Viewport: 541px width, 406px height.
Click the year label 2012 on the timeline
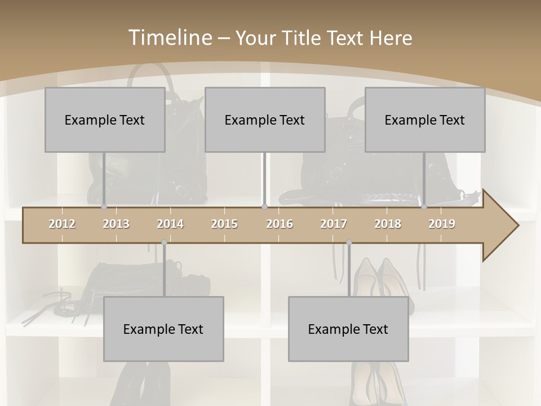(62, 224)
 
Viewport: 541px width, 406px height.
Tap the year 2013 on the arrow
(116, 224)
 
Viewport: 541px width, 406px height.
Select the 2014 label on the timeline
(170, 224)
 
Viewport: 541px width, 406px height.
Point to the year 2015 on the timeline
(224, 224)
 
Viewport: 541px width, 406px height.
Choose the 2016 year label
(280, 224)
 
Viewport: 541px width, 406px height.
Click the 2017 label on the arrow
(334, 224)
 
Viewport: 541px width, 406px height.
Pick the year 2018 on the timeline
(388, 224)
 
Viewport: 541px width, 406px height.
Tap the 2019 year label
(442, 224)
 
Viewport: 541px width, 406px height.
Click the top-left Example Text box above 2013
(105, 120)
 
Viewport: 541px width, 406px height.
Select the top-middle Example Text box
(265, 120)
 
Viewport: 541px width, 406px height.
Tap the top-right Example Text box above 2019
(425, 120)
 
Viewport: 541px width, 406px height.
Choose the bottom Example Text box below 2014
(163, 329)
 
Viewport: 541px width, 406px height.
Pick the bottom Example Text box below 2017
(348, 329)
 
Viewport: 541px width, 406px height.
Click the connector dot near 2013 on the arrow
(104, 207)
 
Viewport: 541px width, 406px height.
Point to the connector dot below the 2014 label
(164, 242)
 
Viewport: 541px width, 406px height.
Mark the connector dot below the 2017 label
(349, 242)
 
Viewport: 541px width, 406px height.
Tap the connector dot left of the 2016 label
(264, 207)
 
